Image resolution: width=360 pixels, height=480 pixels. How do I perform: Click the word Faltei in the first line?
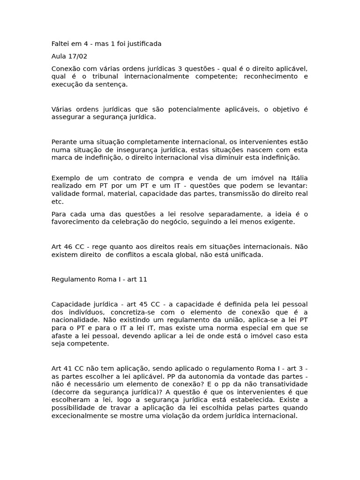click(x=60, y=44)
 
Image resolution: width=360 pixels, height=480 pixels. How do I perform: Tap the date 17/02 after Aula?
click(x=79, y=56)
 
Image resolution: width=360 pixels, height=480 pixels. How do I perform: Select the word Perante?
click(x=64, y=142)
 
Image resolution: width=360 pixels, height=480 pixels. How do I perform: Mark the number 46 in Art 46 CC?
click(x=68, y=247)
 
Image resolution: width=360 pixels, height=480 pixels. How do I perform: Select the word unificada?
click(x=245, y=255)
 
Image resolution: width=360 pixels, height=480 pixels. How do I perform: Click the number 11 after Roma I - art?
click(x=143, y=279)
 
